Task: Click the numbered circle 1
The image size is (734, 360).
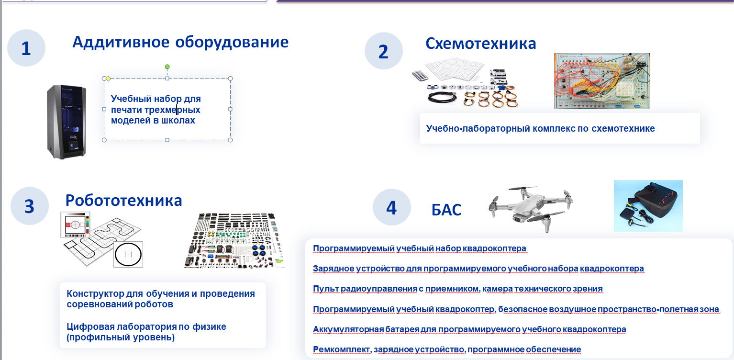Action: coord(26,48)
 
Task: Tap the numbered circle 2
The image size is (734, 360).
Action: coord(384,51)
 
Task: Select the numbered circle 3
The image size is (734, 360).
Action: coord(30,206)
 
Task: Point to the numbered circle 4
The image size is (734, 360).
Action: coord(392,207)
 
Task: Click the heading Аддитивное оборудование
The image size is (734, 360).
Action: coord(180,42)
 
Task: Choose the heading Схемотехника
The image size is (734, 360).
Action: coord(481,44)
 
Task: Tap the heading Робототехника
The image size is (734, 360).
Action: coord(123,200)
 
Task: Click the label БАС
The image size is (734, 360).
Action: coord(446,210)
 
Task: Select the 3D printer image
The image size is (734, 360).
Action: coord(67,122)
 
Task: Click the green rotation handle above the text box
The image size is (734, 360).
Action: coord(167,67)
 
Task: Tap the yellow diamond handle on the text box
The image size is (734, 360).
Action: coord(109,79)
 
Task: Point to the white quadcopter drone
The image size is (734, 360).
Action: coord(531,208)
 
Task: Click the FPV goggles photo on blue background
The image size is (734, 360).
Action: coord(648,205)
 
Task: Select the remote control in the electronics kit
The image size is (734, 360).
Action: coord(420,76)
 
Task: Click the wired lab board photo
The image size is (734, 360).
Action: coord(602,81)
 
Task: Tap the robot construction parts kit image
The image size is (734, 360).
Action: coord(235,241)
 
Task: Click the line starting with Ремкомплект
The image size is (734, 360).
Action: coord(447,349)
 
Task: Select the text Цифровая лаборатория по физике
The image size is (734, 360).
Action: coord(146,326)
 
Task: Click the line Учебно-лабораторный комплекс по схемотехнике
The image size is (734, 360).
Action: coord(540,128)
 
